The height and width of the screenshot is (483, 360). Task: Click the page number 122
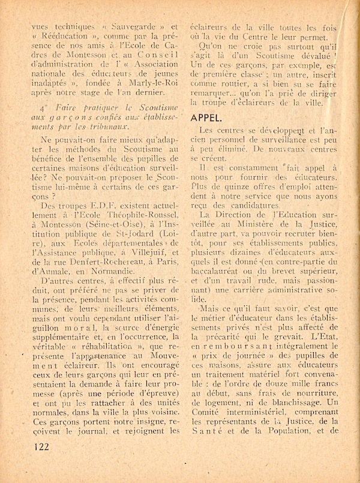(x=41, y=446)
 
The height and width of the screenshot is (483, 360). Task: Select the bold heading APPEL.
(x=208, y=118)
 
